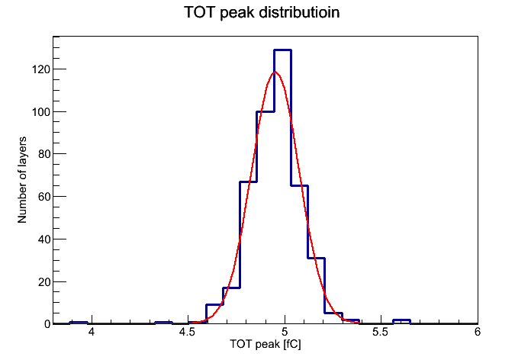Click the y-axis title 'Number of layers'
[23, 180]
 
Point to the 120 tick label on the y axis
[40, 69]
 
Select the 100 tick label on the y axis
[40, 112]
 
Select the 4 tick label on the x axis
[91, 333]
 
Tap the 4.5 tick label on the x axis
[187, 333]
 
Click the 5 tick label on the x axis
[285, 333]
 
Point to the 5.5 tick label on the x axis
[381, 333]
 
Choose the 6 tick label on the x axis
[477, 333]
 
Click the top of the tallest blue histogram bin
[282, 50]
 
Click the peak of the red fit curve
[275, 72]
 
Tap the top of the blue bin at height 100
[265, 112]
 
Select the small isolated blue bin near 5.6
[401, 320]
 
